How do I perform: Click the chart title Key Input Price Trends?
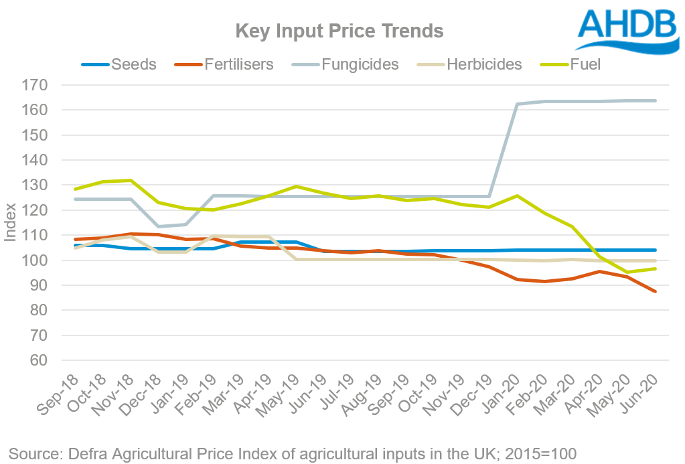click(x=339, y=31)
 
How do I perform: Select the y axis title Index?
click(x=11, y=223)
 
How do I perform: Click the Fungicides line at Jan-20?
click(x=517, y=104)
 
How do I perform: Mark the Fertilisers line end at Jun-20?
click(x=655, y=292)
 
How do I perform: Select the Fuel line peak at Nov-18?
click(x=131, y=180)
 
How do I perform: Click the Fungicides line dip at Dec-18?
click(x=158, y=226)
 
